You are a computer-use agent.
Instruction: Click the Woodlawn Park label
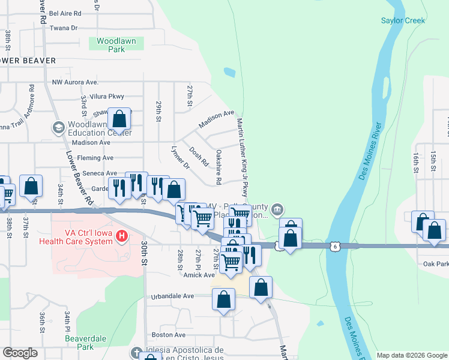pos(112,45)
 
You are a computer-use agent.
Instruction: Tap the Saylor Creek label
pos(403,20)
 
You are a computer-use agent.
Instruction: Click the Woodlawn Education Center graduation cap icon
pos(58,127)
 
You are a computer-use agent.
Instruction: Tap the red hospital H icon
pos(122,236)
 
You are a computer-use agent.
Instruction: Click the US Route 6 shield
pos(334,245)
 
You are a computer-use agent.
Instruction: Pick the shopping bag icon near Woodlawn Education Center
pos(119,118)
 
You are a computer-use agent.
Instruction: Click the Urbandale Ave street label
pos(172,296)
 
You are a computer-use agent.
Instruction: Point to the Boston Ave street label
pos(169,335)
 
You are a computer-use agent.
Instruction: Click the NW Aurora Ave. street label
pos(75,82)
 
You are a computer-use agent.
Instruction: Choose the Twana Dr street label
pos(64,28)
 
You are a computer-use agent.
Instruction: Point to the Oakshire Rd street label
pos(219,167)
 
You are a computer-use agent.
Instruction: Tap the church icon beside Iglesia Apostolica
pos(136,352)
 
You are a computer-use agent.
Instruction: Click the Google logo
pos(20,353)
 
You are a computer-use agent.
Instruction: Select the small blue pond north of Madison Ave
pos(229,73)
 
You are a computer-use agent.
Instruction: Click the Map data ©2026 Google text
pos(411,355)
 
